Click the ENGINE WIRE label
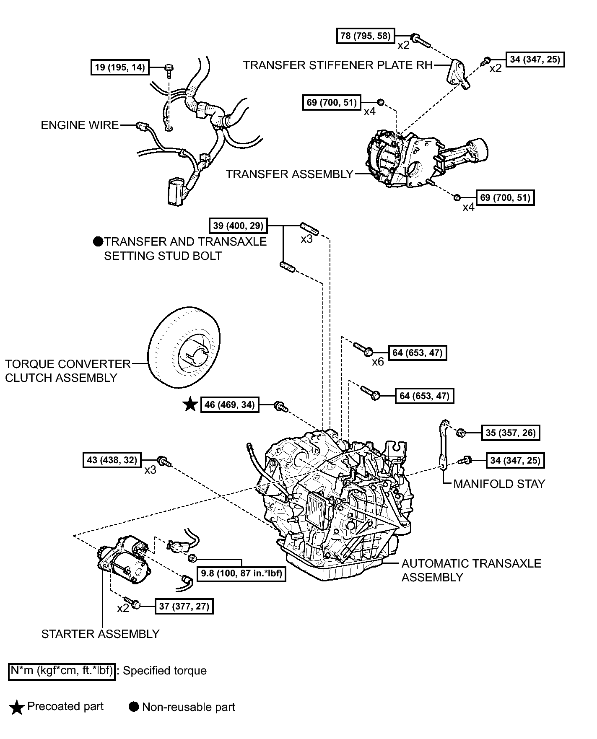[80, 125]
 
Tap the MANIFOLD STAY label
[499, 484]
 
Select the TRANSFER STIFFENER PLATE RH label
[338, 65]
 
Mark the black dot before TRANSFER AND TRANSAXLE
[99, 241]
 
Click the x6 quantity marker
[378, 362]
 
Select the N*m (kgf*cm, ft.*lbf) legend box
[62, 671]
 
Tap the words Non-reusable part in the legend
[189, 707]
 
